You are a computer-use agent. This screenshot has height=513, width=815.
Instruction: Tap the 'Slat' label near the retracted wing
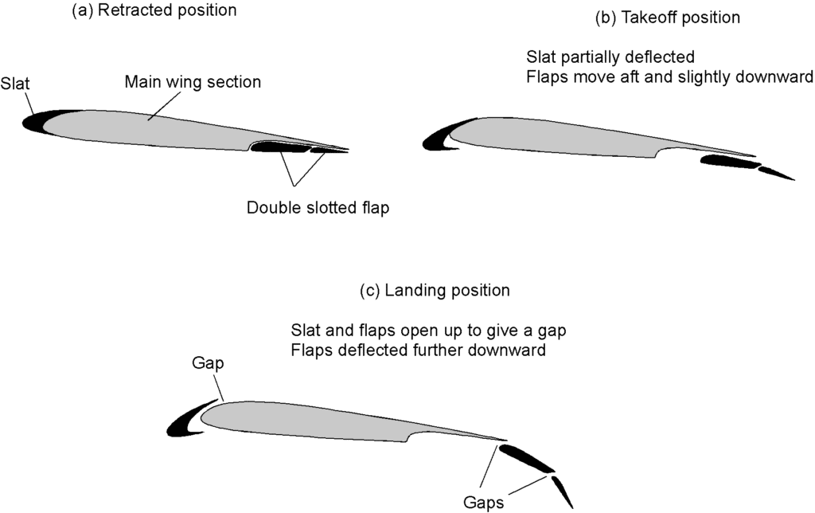pyautogui.click(x=15, y=84)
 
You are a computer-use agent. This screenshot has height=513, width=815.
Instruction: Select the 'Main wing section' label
pyautogui.click(x=193, y=82)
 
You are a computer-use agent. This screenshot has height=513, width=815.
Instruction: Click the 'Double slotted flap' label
pyautogui.click(x=318, y=208)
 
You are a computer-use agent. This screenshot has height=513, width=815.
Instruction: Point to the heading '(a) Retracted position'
pyautogui.click(x=154, y=10)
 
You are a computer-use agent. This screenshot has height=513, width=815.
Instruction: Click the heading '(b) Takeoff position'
pyautogui.click(x=668, y=18)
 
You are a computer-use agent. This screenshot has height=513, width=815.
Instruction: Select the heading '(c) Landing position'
pyautogui.click(x=435, y=290)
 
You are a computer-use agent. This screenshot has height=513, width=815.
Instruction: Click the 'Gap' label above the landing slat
pyautogui.click(x=208, y=362)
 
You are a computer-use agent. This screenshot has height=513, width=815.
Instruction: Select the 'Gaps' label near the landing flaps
pyautogui.click(x=483, y=503)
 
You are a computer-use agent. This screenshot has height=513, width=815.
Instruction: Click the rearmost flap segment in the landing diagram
pyautogui.click(x=562, y=491)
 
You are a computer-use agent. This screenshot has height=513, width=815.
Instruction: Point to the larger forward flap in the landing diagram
pyautogui.click(x=525, y=458)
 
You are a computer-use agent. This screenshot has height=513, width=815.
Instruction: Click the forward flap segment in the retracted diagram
pyautogui.click(x=280, y=147)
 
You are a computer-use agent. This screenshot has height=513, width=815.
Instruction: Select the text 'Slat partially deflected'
pyautogui.click(x=610, y=57)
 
